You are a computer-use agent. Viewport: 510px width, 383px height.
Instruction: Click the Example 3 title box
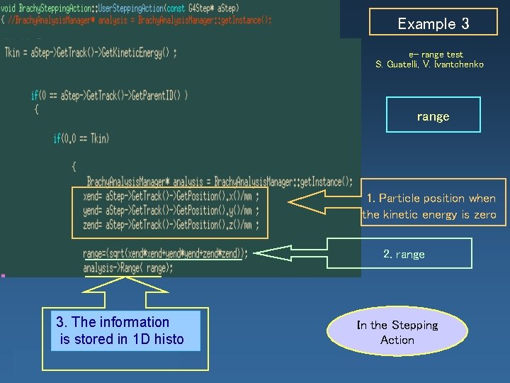[433, 24]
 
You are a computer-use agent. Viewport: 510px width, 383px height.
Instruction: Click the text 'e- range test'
[436, 55]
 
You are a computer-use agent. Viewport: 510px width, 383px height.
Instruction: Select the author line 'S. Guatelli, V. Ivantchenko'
[430, 65]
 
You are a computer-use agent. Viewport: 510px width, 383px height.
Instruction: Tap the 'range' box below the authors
[433, 116]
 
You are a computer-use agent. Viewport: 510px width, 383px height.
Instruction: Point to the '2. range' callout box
[404, 254]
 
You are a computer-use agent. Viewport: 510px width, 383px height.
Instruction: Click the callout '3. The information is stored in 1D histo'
[120, 331]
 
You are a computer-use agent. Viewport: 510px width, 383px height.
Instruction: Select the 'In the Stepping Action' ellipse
[397, 333]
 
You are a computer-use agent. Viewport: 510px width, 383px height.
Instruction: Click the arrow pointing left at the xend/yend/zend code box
[319, 204]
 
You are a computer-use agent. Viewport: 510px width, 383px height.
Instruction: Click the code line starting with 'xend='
[171, 196]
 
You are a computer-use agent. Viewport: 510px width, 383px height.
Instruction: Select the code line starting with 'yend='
[171, 210]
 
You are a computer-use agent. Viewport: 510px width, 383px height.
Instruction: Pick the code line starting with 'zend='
[171, 224]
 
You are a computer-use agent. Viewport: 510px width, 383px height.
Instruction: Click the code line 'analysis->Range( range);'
[128, 268]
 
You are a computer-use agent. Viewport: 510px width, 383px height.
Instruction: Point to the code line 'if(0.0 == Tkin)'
[81, 138]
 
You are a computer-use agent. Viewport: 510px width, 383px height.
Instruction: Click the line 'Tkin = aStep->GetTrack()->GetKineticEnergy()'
[91, 53]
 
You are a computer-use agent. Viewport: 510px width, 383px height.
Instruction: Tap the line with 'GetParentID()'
[109, 96]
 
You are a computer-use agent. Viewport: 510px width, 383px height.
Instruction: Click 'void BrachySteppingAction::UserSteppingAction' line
[120, 8]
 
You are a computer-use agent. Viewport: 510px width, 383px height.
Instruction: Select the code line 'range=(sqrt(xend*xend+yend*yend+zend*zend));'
[166, 253]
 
